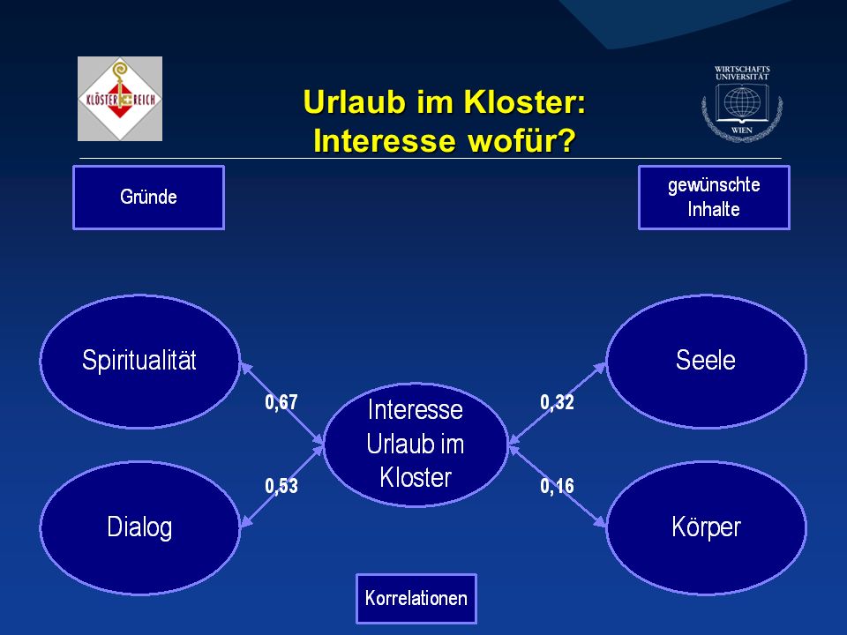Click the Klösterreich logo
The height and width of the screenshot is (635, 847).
120,99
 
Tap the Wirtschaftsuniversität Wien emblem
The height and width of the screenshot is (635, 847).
742,103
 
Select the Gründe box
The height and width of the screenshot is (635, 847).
148,198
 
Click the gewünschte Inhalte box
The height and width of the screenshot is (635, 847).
714,198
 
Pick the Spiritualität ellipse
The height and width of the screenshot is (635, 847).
140,362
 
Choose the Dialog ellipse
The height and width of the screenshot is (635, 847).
140,527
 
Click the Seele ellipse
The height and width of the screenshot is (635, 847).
706,362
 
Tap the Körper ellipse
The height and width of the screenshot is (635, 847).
706,527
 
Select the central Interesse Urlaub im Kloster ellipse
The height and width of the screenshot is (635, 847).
416,444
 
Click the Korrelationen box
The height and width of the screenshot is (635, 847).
416,598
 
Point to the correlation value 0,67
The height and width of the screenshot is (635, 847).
281,402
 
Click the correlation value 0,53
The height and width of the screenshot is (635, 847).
281,486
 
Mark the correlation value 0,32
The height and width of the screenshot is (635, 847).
557,402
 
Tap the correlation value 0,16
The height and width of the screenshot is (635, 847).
557,486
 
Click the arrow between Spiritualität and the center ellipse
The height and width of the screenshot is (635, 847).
282,404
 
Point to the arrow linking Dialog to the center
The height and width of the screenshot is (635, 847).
282,485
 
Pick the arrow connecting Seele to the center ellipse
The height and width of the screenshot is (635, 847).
558,403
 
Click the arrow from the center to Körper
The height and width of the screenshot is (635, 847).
558,485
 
